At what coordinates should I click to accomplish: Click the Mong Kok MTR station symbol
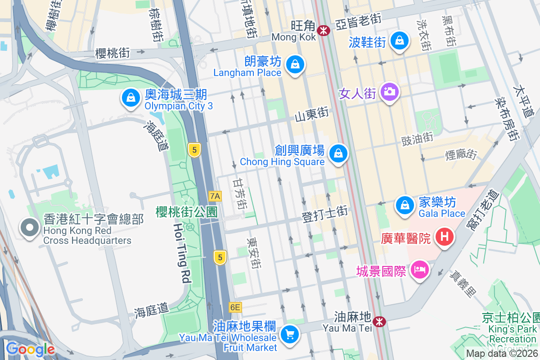click(323, 30)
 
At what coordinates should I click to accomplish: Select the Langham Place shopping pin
click(294, 64)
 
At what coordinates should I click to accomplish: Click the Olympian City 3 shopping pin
click(130, 97)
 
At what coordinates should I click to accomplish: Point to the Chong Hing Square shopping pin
click(338, 153)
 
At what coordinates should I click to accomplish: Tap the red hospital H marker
click(445, 236)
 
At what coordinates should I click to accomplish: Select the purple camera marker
click(390, 92)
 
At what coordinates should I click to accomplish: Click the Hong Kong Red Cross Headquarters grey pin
click(30, 228)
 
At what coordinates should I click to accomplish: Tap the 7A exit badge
click(216, 196)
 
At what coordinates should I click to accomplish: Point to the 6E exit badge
click(235, 307)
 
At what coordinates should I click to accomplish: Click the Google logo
click(30, 349)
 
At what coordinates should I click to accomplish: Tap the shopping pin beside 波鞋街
click(399, 40)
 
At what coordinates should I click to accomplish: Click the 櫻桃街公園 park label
click(187, 211)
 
